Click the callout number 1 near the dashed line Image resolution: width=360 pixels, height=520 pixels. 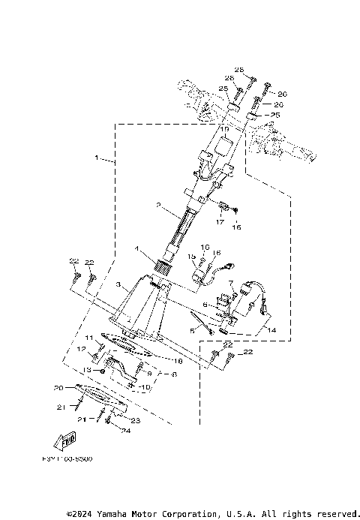(97, 158)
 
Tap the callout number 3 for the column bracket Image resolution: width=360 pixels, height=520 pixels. (118, 286)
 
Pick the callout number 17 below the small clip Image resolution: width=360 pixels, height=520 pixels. (220, 221)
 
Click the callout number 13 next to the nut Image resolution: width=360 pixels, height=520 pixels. (87, 370)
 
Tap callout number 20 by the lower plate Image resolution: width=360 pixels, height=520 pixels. (58, 388)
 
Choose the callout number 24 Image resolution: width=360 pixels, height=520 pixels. (127, 431)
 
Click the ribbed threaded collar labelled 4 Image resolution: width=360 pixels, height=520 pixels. (163, 264)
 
